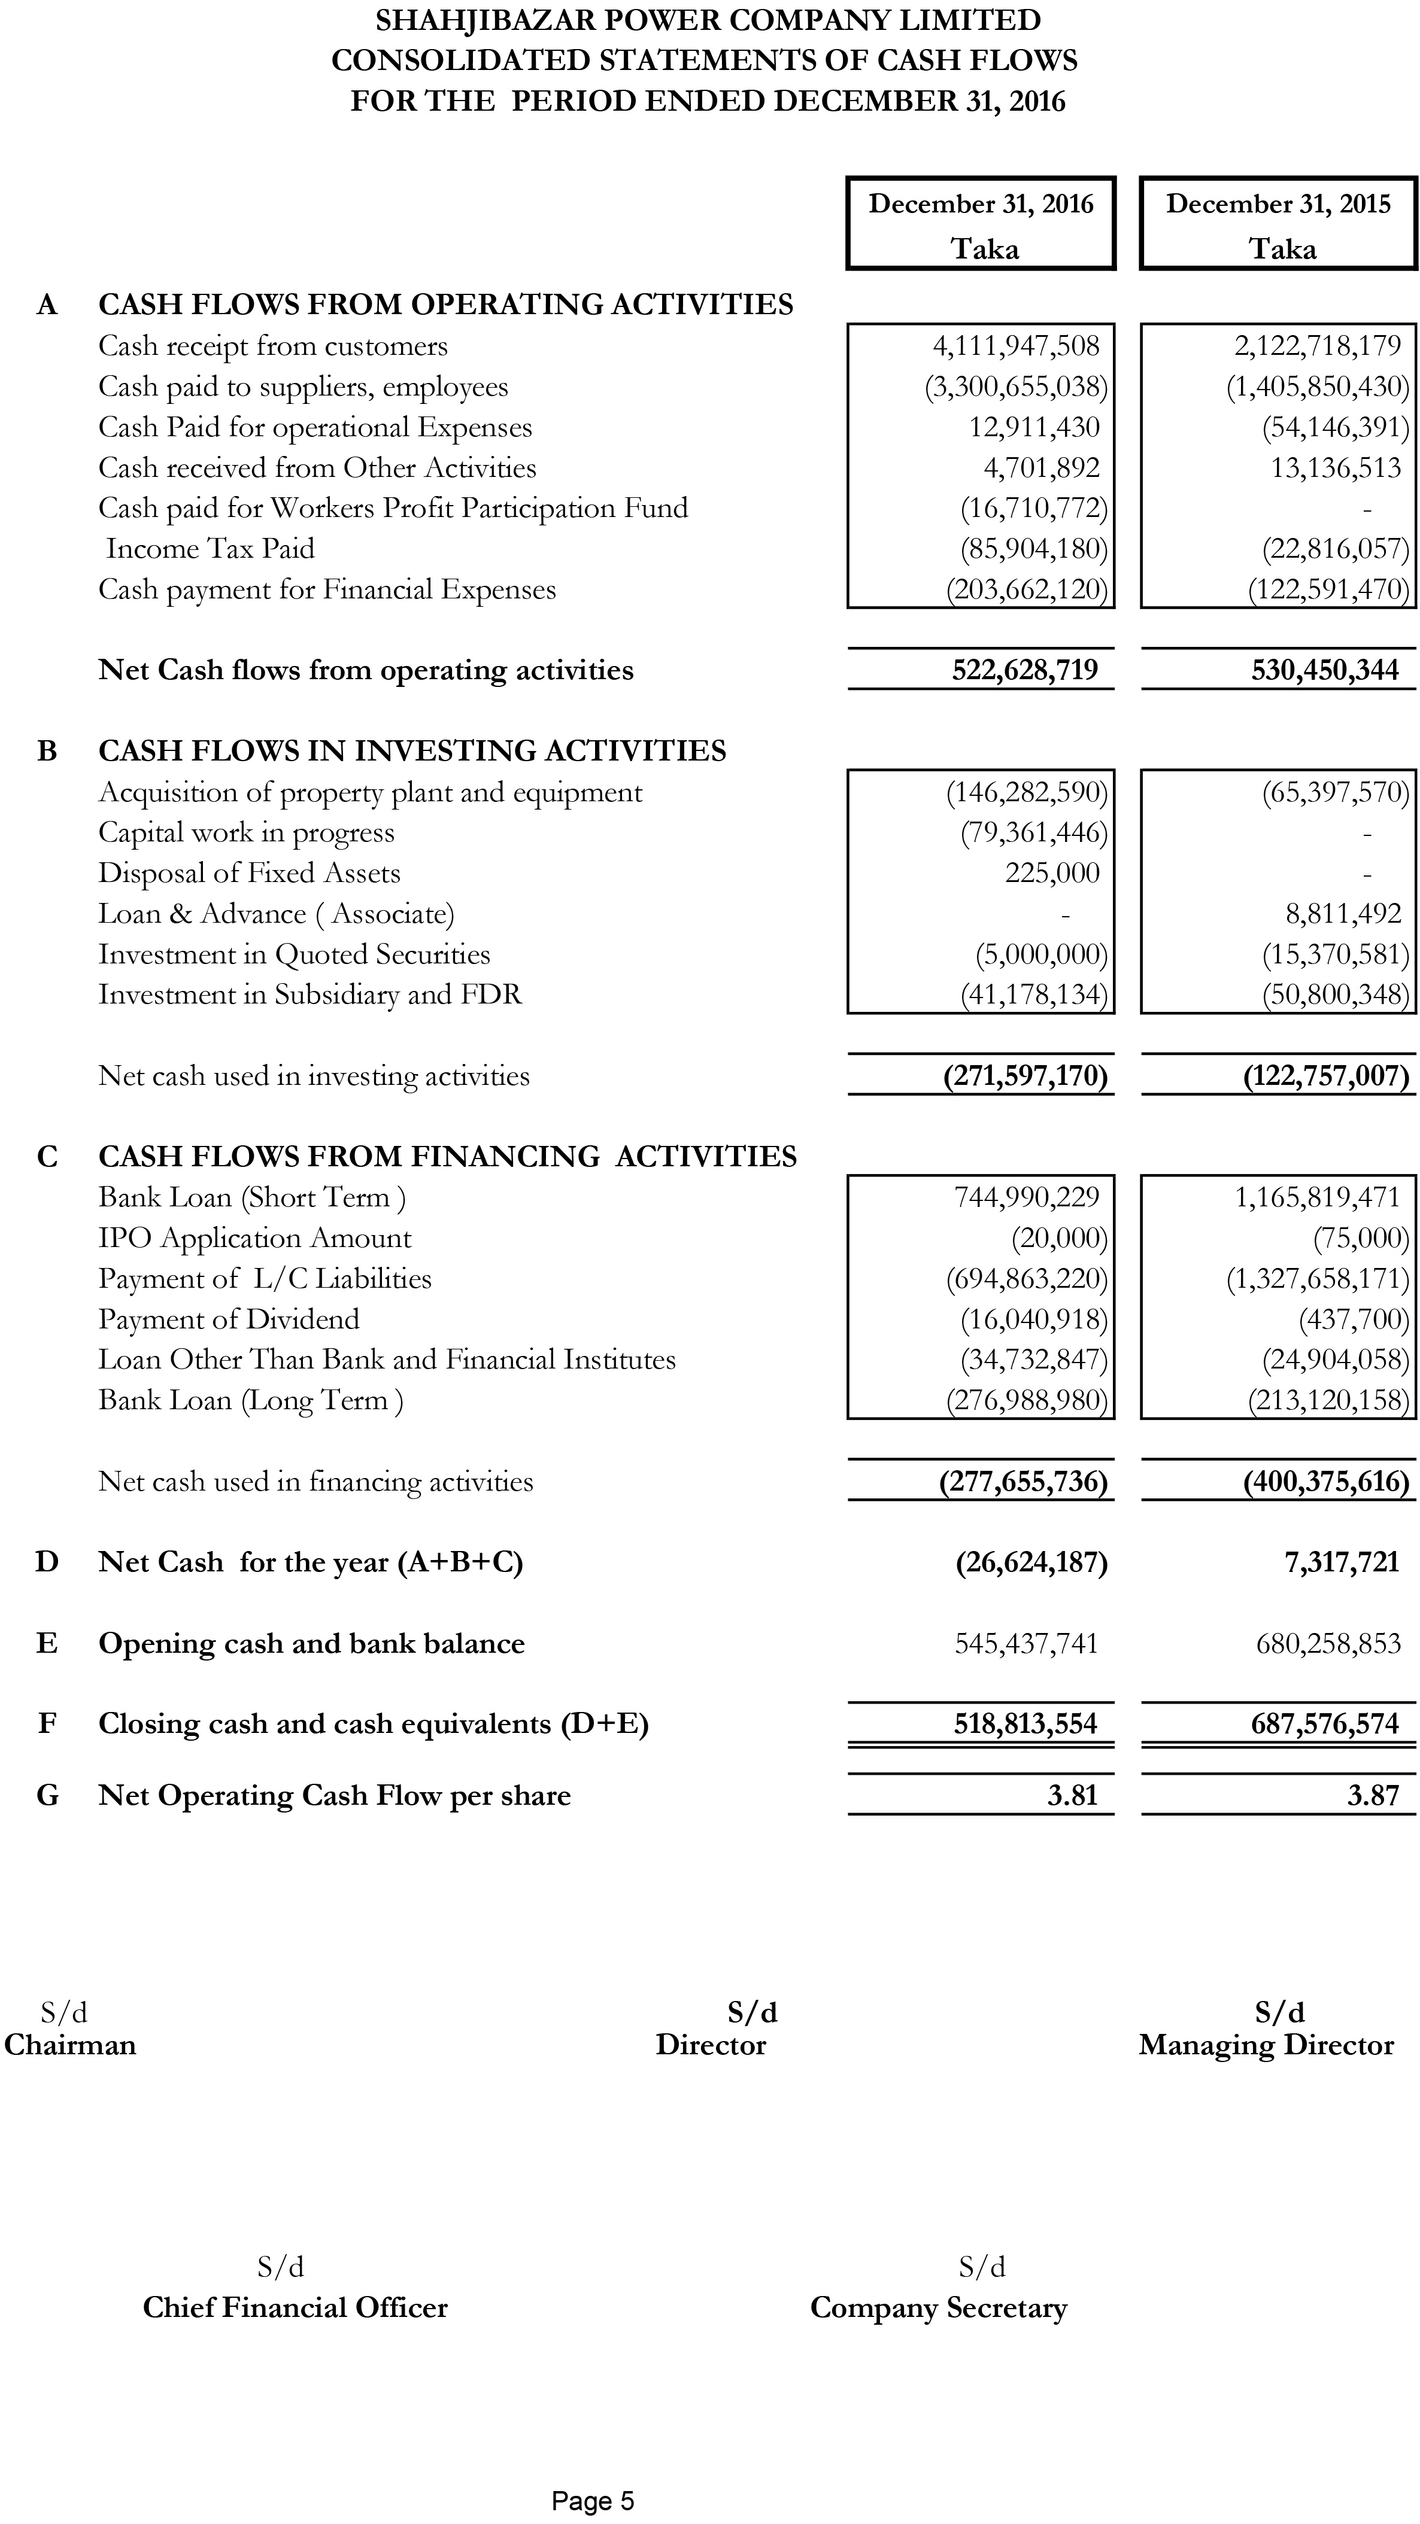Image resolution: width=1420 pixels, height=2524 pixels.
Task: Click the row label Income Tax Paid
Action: pos(210,549)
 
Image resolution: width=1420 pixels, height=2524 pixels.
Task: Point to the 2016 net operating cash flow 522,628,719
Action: pos(1025,670)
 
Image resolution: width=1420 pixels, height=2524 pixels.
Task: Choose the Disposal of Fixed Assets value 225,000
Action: pos(1051,873)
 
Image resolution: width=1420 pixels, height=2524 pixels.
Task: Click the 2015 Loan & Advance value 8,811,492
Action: pos(1343,914)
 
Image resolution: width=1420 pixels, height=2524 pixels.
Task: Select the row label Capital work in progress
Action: pos(246,833)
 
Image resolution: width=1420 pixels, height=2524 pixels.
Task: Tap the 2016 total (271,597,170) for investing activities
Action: pos(1025,1076)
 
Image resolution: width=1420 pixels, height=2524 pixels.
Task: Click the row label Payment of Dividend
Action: pos(228,1319)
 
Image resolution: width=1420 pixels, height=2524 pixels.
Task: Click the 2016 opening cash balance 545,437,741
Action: pos(1026,1643)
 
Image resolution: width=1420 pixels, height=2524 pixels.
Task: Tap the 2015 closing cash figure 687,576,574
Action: pos(1325,1723)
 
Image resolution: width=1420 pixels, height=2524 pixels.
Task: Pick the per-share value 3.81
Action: pos(1072,1795)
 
